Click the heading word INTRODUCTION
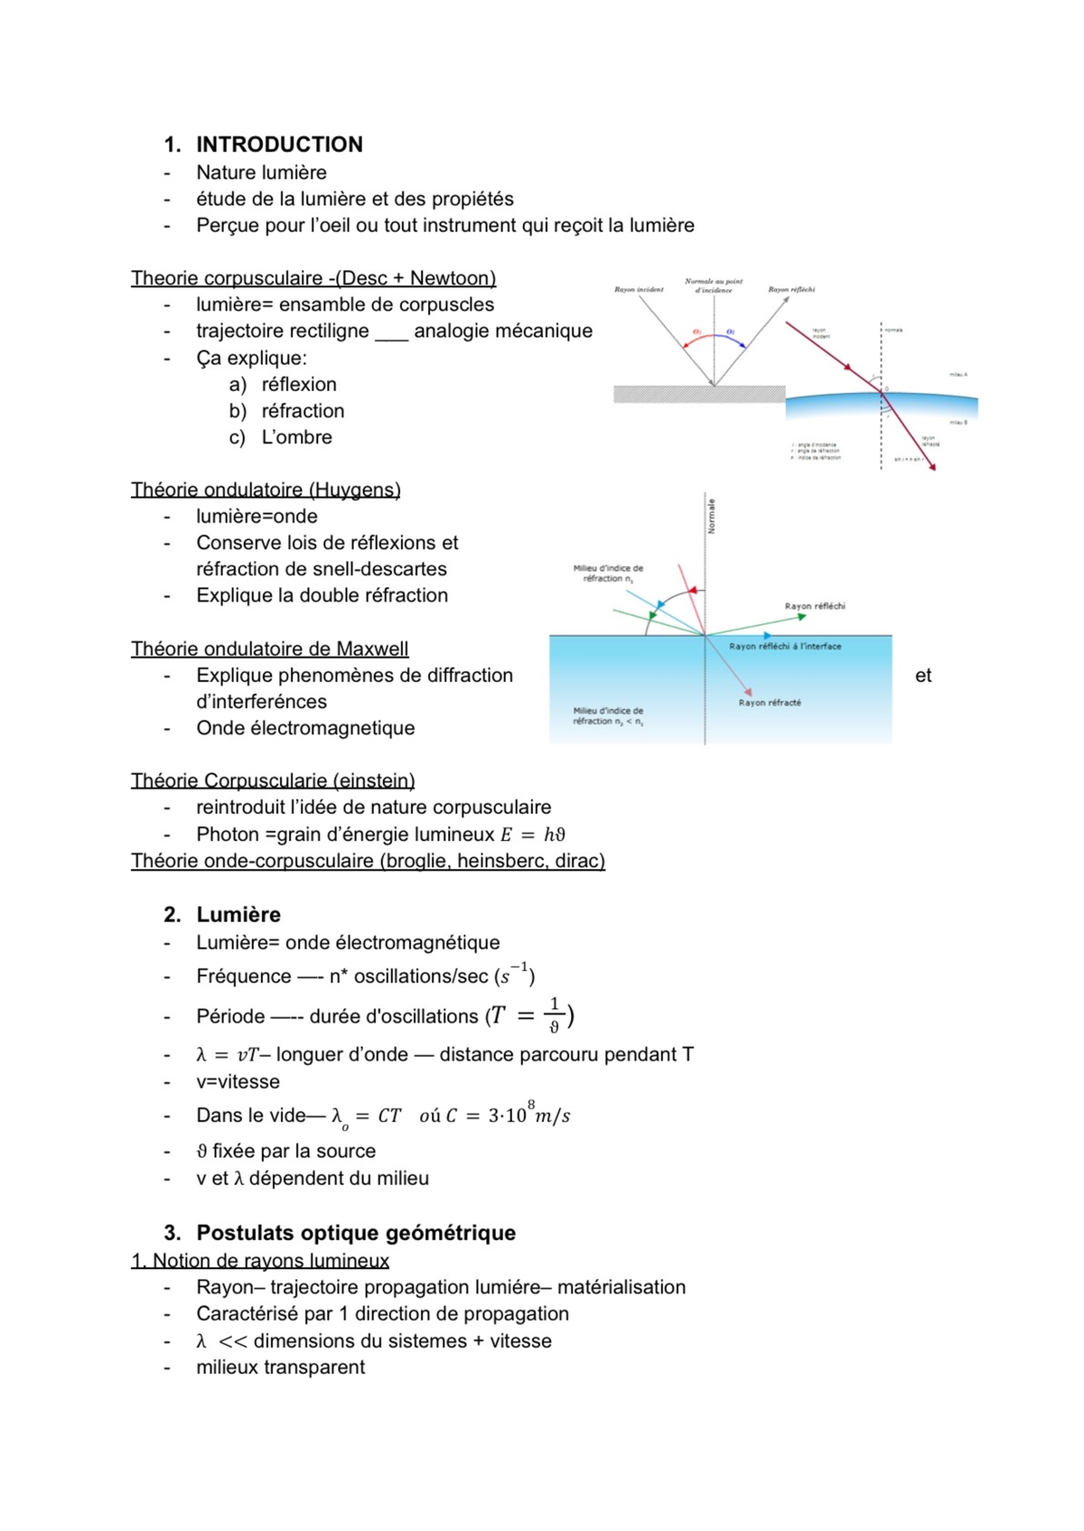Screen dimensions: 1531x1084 click(x=279, y=145)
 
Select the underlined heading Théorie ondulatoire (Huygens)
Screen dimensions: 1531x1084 click(x=266, y=490)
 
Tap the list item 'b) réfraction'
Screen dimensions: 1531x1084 click(x=287, y=411)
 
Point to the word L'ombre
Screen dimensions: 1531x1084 click(x=296, y=437)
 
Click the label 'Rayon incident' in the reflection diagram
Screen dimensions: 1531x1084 click(x=639, y=290)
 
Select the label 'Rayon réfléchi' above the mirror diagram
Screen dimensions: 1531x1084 click(x=791, y=290)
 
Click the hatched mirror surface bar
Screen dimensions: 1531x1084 click(x=699, y=394)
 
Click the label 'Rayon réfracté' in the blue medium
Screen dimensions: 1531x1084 click(x=770, y=703)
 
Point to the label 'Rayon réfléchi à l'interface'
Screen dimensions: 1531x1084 click(x=785, y=647)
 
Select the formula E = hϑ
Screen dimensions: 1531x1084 click(x=533, y=835)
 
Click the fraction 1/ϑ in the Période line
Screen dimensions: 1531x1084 click(x=555, y=1016)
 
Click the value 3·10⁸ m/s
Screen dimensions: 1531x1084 click(x=529, y=1115)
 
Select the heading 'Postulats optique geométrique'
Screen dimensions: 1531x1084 click(x=356, y=1233)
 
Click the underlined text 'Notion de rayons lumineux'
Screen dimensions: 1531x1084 click(x=270, y=1261)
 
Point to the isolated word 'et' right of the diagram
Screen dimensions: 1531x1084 click(x=922, y=676)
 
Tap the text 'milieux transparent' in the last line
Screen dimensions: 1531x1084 click(x=280, y=1368)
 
